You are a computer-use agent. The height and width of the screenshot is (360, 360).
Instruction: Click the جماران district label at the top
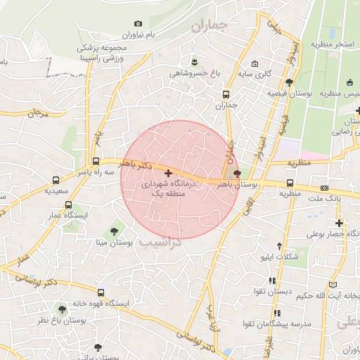tap(210, 26)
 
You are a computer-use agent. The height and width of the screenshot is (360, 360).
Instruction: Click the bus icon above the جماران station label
tap(226, 94)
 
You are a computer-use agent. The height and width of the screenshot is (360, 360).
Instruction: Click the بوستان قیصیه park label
tap(289, 94)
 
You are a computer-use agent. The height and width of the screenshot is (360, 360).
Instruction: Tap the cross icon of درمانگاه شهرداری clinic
tap(167, 173)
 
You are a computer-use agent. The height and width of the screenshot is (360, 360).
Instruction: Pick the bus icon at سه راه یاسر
tap(96, 160)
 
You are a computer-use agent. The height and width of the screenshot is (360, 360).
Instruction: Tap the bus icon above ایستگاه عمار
tap(68, 205)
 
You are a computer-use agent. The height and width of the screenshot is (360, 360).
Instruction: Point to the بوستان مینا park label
tap(114, 243)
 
